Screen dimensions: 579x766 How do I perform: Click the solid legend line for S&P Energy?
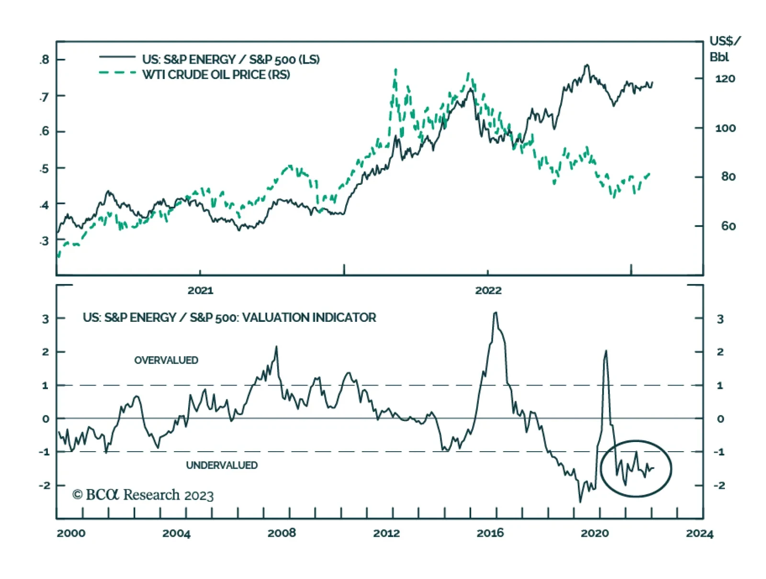point(117,57)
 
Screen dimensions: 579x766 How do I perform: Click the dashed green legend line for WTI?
point(117,73)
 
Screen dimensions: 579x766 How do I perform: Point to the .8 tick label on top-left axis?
point(45,59)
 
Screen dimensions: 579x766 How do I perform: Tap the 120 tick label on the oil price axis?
point(725,79)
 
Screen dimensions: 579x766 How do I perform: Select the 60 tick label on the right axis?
point(728,226)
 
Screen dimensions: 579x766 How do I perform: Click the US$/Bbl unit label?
point(724,48)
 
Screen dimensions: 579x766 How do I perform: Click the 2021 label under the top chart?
point(200,290)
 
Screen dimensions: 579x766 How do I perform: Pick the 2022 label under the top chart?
point(488,290)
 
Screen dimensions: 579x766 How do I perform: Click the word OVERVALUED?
point(166,360)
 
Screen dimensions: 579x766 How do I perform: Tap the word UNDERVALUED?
point(222,465)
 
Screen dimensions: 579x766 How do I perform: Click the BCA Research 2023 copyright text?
point(143,495)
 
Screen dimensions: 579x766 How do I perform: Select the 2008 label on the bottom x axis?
point(282,533)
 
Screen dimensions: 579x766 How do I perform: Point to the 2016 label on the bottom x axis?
point(490,533)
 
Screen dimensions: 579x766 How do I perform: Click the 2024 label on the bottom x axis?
point(699,534)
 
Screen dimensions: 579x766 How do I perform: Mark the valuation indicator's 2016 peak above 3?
point(496,313)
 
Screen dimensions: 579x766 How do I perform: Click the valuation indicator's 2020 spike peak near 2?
point(606,351)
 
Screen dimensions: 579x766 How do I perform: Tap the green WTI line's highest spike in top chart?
point(395,70)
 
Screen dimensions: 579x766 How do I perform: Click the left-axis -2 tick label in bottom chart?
point(45,485)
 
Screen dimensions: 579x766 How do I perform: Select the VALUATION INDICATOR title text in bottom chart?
point(229,318)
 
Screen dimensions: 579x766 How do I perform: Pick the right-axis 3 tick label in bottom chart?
point(720,319)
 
